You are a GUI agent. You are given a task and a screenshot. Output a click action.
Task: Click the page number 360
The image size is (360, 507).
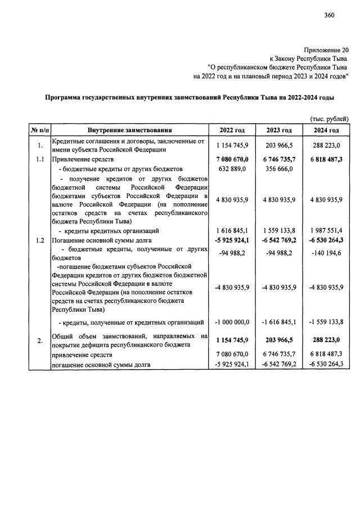coord(330,15)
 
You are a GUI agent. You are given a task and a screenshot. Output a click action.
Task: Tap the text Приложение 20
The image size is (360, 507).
coord(326,50)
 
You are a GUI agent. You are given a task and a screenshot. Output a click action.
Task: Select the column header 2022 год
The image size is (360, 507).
coord(232,130)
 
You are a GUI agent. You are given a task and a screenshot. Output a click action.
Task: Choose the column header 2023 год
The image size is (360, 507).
coord(280,130)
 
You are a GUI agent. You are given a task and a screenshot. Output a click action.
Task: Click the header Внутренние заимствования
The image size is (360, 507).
coord(129,130)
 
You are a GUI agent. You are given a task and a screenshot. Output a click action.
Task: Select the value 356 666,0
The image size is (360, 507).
coord(280,169)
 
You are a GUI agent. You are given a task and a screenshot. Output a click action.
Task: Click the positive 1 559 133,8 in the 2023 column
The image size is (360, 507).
coord(280,231)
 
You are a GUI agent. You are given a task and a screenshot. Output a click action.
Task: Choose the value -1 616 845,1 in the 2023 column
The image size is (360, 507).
coord(280,322)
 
